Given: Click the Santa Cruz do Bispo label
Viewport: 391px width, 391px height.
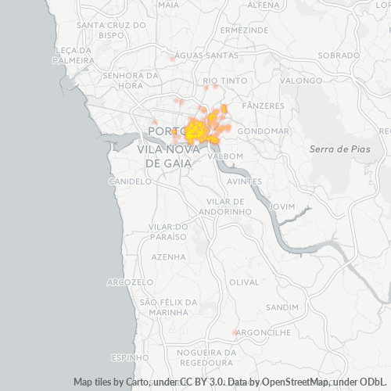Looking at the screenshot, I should click(x=112, y=30).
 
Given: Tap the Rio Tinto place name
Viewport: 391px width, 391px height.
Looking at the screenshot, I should click(x=221, y=81).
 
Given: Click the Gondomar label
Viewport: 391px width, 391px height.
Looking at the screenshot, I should click(x=263, y=131).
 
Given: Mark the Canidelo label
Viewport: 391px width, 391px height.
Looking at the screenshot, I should click(x=130, y=181).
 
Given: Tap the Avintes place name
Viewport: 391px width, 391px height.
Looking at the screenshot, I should click(x=244, y=181).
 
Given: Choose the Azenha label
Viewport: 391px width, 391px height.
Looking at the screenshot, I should click(x=169, y=256).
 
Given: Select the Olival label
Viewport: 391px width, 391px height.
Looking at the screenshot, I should click(x=244, y=282).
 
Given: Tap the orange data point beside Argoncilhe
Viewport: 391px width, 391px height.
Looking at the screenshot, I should click(x=235, y=332).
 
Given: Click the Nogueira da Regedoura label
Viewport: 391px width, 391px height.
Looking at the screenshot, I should click(x=206, y=357).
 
